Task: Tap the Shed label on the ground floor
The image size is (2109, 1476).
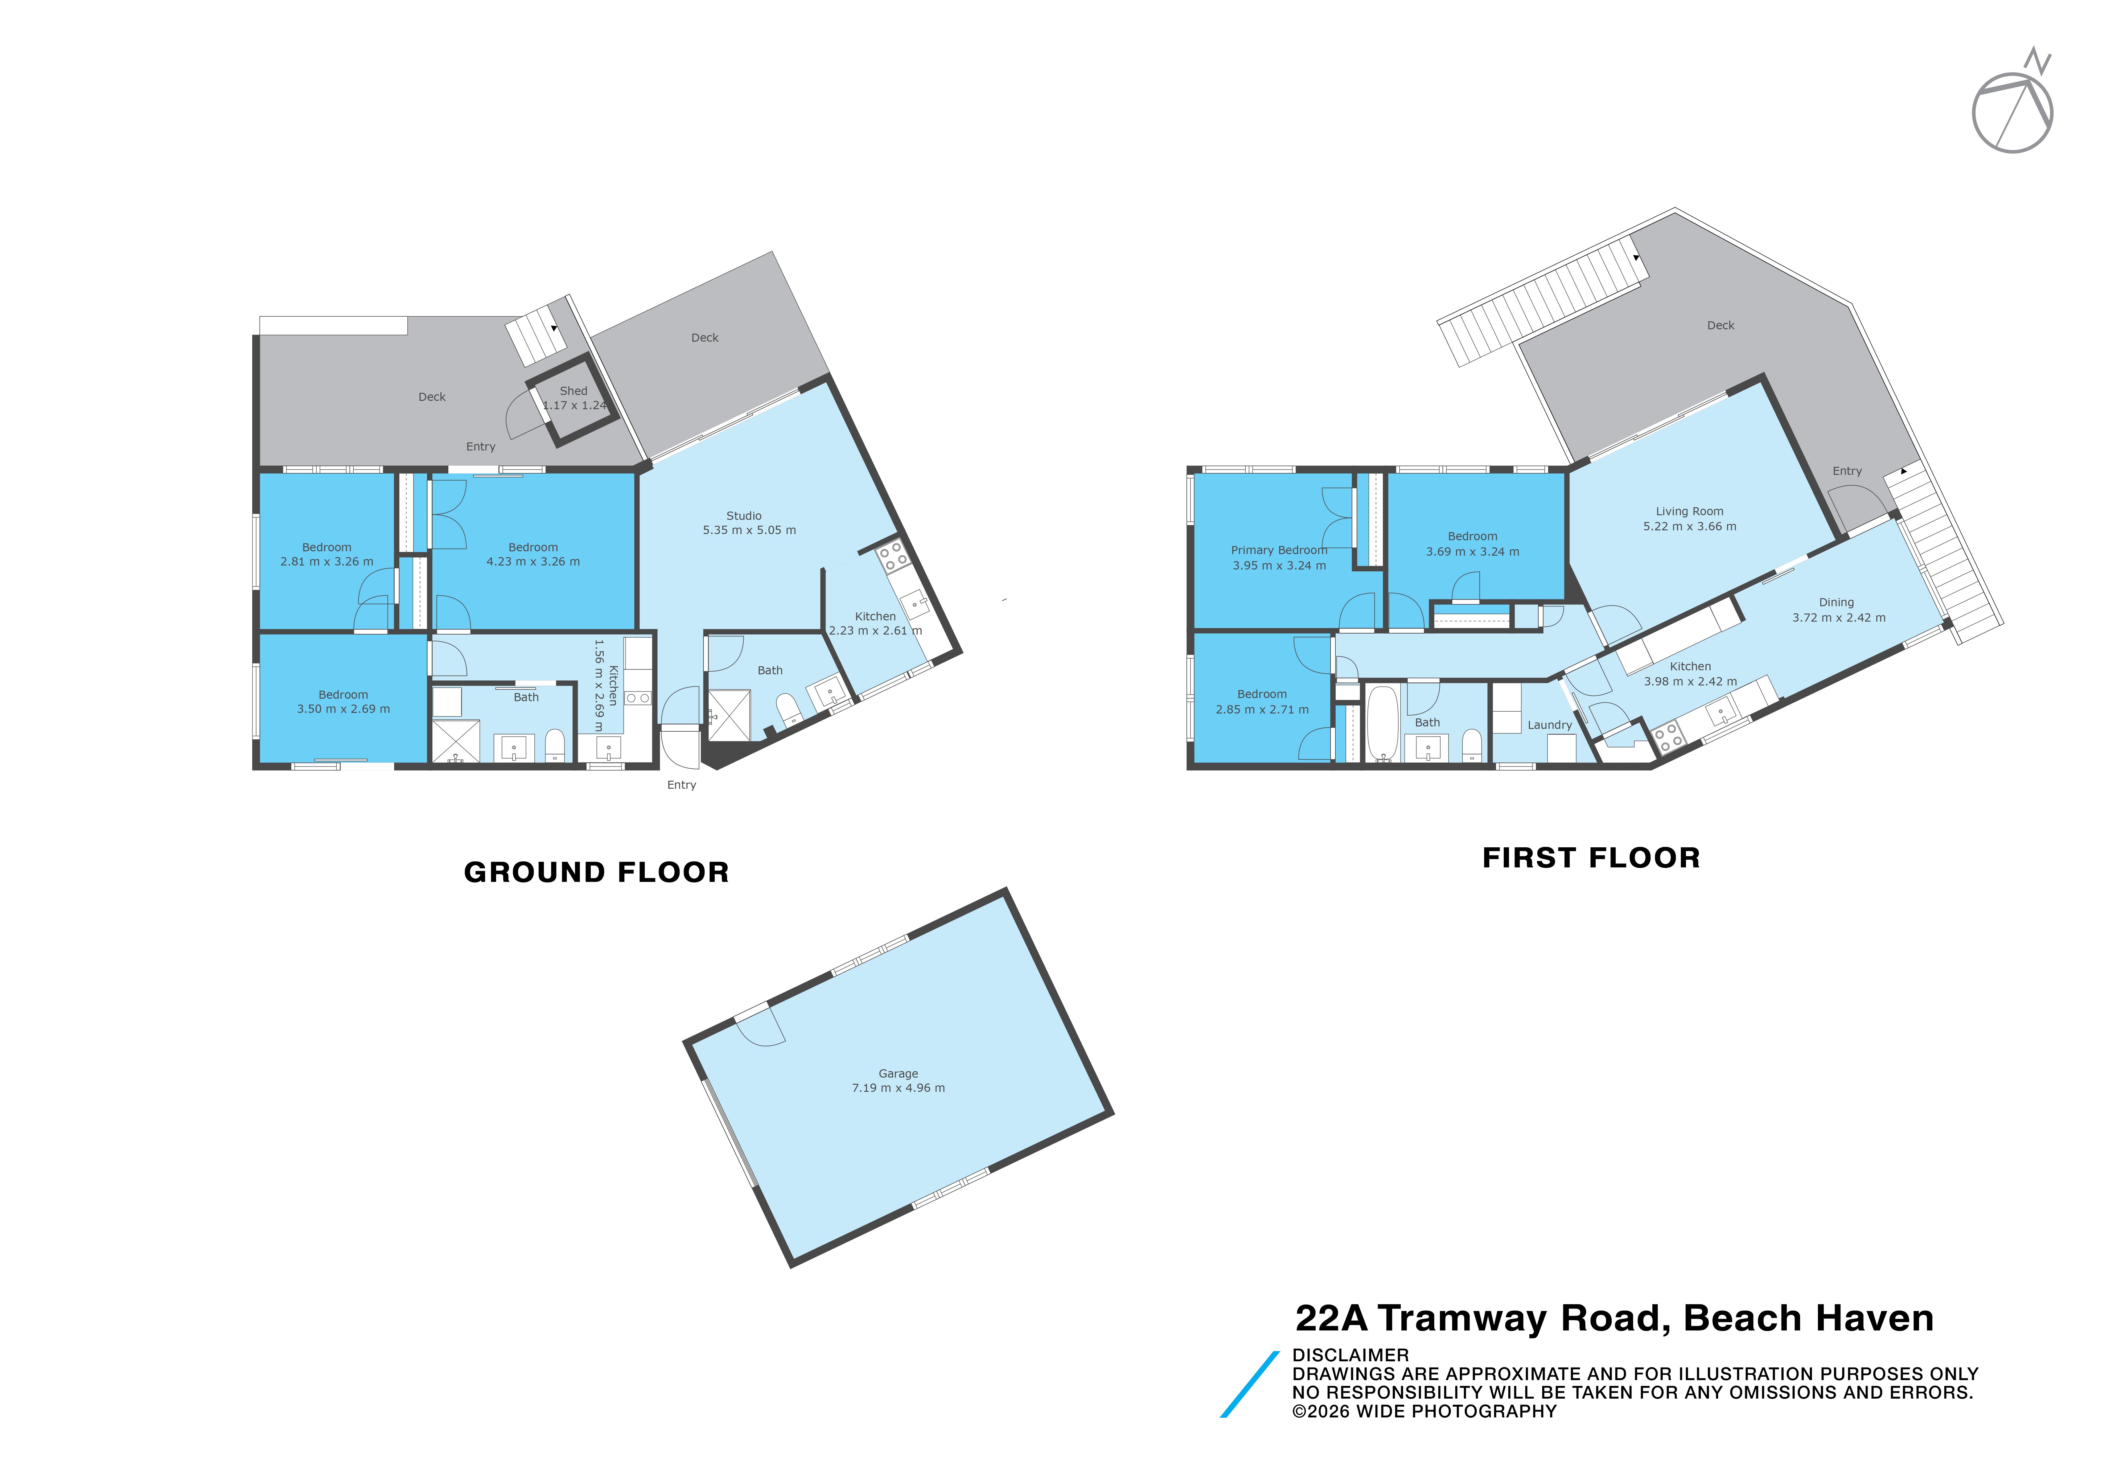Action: click(573, 390)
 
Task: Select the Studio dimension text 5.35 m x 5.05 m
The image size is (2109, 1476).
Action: click(750, 530)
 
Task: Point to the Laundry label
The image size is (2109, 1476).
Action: click(1550, 725)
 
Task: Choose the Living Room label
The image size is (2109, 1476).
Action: click(1689, 512)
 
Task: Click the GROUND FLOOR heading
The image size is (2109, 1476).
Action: click(596, 872)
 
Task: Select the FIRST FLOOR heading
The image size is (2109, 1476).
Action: click(1591, 858)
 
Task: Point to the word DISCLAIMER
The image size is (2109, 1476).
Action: click(1350, 1355)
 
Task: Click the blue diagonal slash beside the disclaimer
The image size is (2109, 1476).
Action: click(1249, 1384)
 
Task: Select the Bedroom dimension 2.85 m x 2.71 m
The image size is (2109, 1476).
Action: click(1262, 709)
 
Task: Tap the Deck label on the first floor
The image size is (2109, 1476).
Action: click(1720, 325)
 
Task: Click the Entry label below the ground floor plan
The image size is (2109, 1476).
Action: click(681, 784)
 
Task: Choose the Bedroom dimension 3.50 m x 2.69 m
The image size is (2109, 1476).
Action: click(343, 709)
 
